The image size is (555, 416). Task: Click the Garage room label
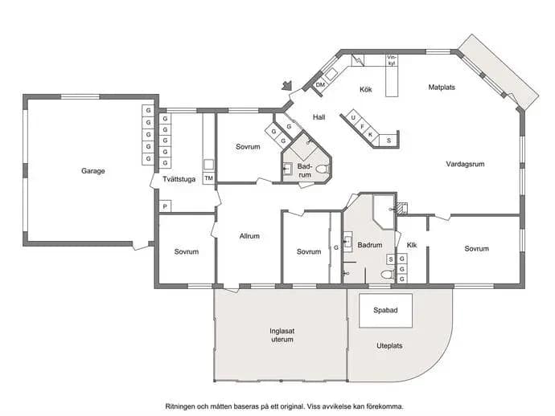click(93, 171)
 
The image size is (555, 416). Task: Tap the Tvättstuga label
click(179, 179)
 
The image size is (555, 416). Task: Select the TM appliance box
click(209, 178)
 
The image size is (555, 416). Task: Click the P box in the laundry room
click(165, 206)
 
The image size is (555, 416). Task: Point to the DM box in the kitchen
click(320, 85)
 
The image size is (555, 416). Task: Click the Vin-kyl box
click(392, 60)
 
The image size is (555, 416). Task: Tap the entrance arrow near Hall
click(286, 86)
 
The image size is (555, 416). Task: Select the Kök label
click(366, 90)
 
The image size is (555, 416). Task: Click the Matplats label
click(442, 88)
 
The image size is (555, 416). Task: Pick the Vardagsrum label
click(465, 164)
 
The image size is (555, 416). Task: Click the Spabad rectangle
click(386, 311)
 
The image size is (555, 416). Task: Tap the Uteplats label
click(389, 345)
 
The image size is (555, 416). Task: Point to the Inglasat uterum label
click(282, 336)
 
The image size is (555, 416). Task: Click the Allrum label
click(249, 236)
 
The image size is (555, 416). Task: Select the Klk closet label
click(412, 245)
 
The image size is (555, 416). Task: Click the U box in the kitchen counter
click(353, 118)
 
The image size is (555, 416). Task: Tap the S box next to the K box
click(388, 141)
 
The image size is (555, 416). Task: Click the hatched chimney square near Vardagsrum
click(401, 208)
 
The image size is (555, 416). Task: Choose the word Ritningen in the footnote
click(180, 406)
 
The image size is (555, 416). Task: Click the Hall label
click(319, 117)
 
